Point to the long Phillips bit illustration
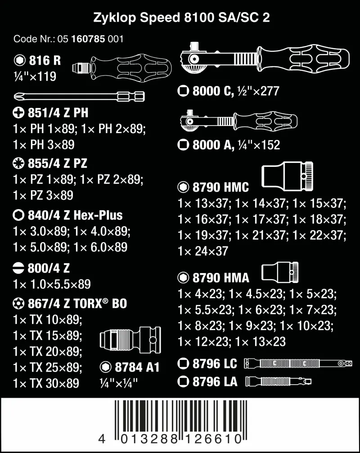pyautogui.click(x=79, y=95)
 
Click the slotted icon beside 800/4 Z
pyautogui.click(x=19, y=269)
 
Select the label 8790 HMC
pyautogui.click(x=220, y=187)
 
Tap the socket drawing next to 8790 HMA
pyautogui.click(x=279, y=271)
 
